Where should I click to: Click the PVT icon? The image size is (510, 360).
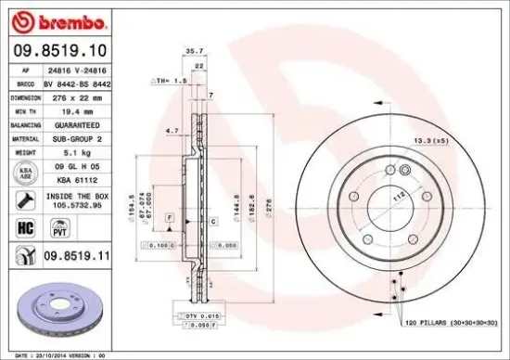click(x=60, y=228)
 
